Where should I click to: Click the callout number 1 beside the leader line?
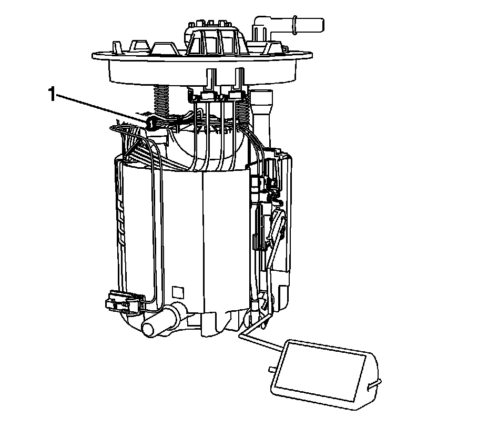(52, 94)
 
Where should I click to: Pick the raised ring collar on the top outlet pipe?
(294, 25)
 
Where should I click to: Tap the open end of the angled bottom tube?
(149, 330)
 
